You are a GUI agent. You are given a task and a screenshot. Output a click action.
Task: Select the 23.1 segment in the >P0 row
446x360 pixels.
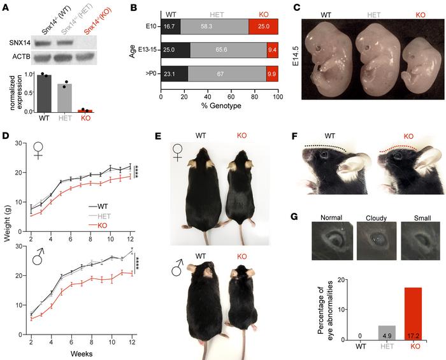(174, 73)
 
